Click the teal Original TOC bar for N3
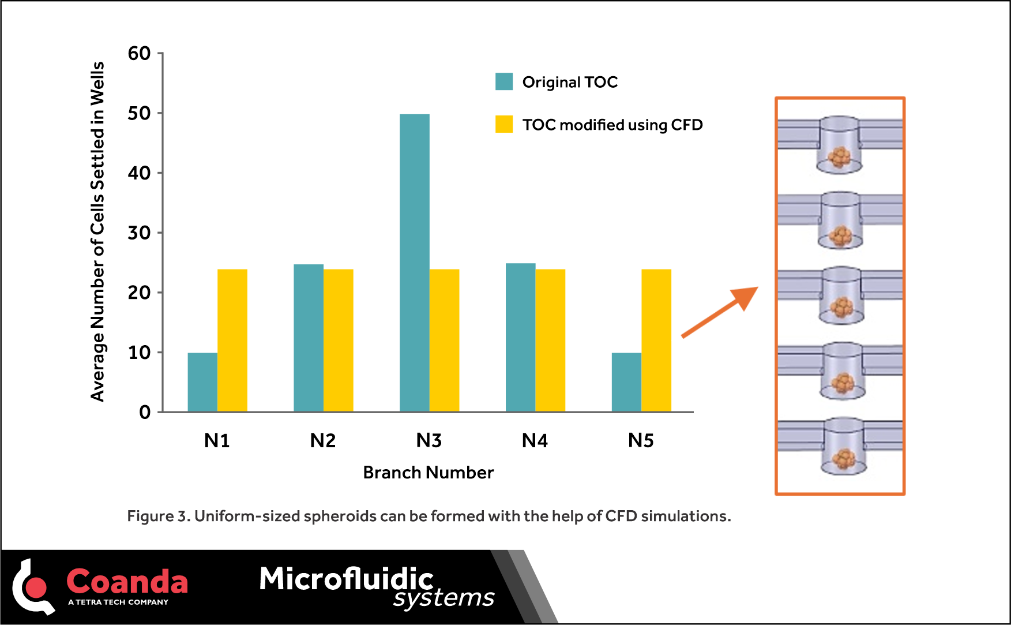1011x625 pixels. (x=414, y=263)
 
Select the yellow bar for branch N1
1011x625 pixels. (x=232, y=340)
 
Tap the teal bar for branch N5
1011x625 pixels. (x=626, y=382)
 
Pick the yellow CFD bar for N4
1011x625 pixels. (x=550, y=340)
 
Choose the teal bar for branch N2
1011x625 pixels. (x=309, y=338)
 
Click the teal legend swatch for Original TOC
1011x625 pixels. (x=504, y=82)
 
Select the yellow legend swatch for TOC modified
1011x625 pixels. (x=504, y=125)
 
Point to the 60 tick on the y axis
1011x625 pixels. (x=139, y=54)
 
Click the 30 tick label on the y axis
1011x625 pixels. (x=139, y=233)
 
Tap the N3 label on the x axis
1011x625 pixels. (x=429, y=441)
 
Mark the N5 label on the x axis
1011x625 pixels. (x=641, y=441)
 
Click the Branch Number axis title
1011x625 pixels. (x=428, y=473)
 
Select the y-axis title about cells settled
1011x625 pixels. (x=97, y=231)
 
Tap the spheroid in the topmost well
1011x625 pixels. (x=839, y=156)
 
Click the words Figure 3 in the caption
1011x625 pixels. (x=158, y=516)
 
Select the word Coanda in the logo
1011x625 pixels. (x=127, y=581)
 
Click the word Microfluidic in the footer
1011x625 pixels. (x=346, y=578)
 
